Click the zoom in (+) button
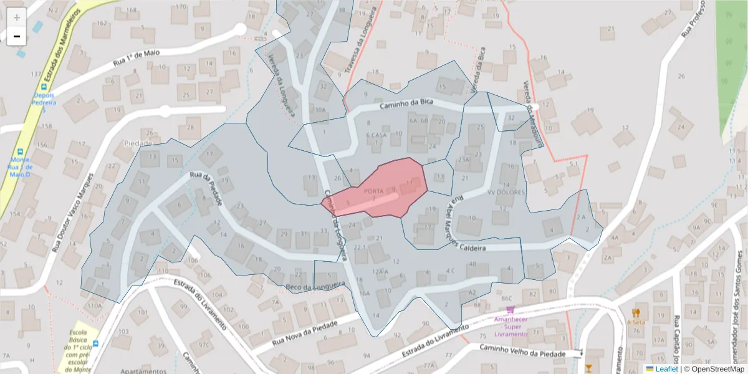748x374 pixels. [17, 17]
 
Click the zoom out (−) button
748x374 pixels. [17, 36]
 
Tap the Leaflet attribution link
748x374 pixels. [666, 369]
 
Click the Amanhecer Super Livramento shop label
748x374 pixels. [511, 327]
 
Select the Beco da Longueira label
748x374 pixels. [315, 287]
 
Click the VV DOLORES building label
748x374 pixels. [506, 192]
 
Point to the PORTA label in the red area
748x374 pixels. [373, 191]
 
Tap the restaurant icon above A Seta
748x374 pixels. [636, 313]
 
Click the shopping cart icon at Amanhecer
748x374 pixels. [511, 309]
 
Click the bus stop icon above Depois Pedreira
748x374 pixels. [44, 87]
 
